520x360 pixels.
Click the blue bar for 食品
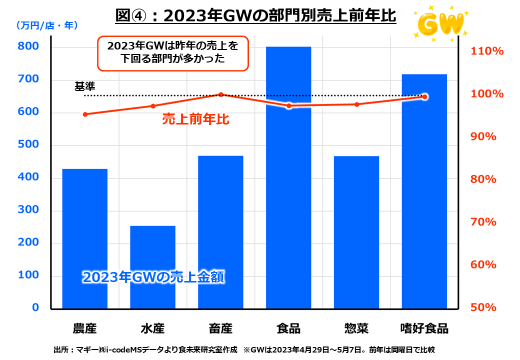pos(288,177)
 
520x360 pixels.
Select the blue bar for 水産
pos(152,267)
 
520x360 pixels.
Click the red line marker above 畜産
pos(220,94)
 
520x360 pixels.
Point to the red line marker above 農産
pos(85,114)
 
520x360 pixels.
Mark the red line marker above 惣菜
pos(356,104)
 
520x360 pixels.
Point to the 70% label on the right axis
pos(484,222)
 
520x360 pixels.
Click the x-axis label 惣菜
pos(356,328)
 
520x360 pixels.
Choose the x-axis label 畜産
pos(220,328)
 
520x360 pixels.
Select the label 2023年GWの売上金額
pos(152,276)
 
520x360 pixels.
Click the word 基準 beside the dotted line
pos(84,86)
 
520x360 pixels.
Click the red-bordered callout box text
pos(173,52)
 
